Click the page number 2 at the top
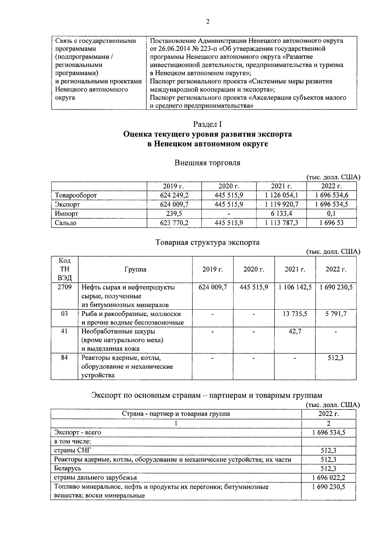[208, 22]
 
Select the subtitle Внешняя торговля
[207, 163]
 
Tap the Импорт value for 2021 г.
[282, 213]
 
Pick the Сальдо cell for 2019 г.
[174, 223]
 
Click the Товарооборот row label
[76, 195]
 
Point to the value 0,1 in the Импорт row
[331, 213]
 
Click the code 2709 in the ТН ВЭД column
[64, 287]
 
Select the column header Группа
[135, 269]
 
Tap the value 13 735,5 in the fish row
[295, 314]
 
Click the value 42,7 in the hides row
[295, 331]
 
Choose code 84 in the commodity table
[64, 358]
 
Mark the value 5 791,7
[336, 314]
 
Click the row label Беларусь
[68, 468]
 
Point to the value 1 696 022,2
[329, 478]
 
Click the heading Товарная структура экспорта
[207, 242]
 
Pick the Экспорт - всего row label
[78, 432]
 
